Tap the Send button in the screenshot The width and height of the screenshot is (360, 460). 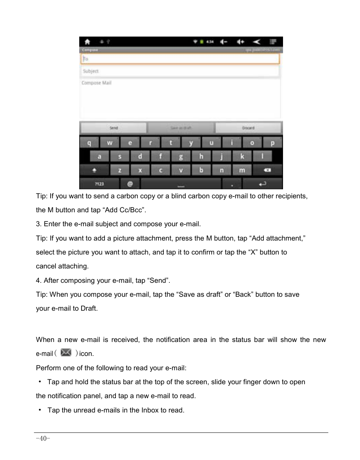(113, 128)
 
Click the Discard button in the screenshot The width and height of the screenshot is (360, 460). (248, 128)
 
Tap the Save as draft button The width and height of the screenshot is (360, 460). (181, 128)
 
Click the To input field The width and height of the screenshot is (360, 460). (180, 59)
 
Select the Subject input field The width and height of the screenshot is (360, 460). (180, 71)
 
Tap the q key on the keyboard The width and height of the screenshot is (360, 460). (89, 143)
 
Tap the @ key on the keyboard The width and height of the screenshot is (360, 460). (130, 184)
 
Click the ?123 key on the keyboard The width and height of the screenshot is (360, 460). (99, 184)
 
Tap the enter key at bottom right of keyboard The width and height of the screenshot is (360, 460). (262, 184)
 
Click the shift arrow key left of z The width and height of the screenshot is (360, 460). (94, 170)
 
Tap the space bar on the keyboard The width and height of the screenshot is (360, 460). (181, 184)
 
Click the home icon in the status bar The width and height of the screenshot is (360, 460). (87, 42)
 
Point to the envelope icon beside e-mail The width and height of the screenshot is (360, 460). (66, 353)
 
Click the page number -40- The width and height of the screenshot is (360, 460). (43, 439)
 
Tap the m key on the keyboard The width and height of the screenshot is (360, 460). (242, 170)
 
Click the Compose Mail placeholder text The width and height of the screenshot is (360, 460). (97, 83)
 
